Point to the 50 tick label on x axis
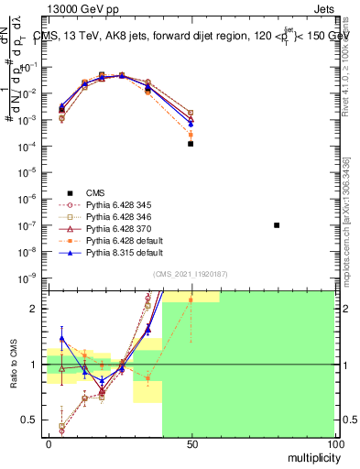pos(191,444)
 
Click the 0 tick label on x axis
pos(48,444)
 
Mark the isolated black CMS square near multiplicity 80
pos(277,225)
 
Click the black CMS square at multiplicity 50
pos(191,144)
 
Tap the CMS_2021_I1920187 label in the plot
pos(191,274)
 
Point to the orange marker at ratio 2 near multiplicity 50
pos(191,300)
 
